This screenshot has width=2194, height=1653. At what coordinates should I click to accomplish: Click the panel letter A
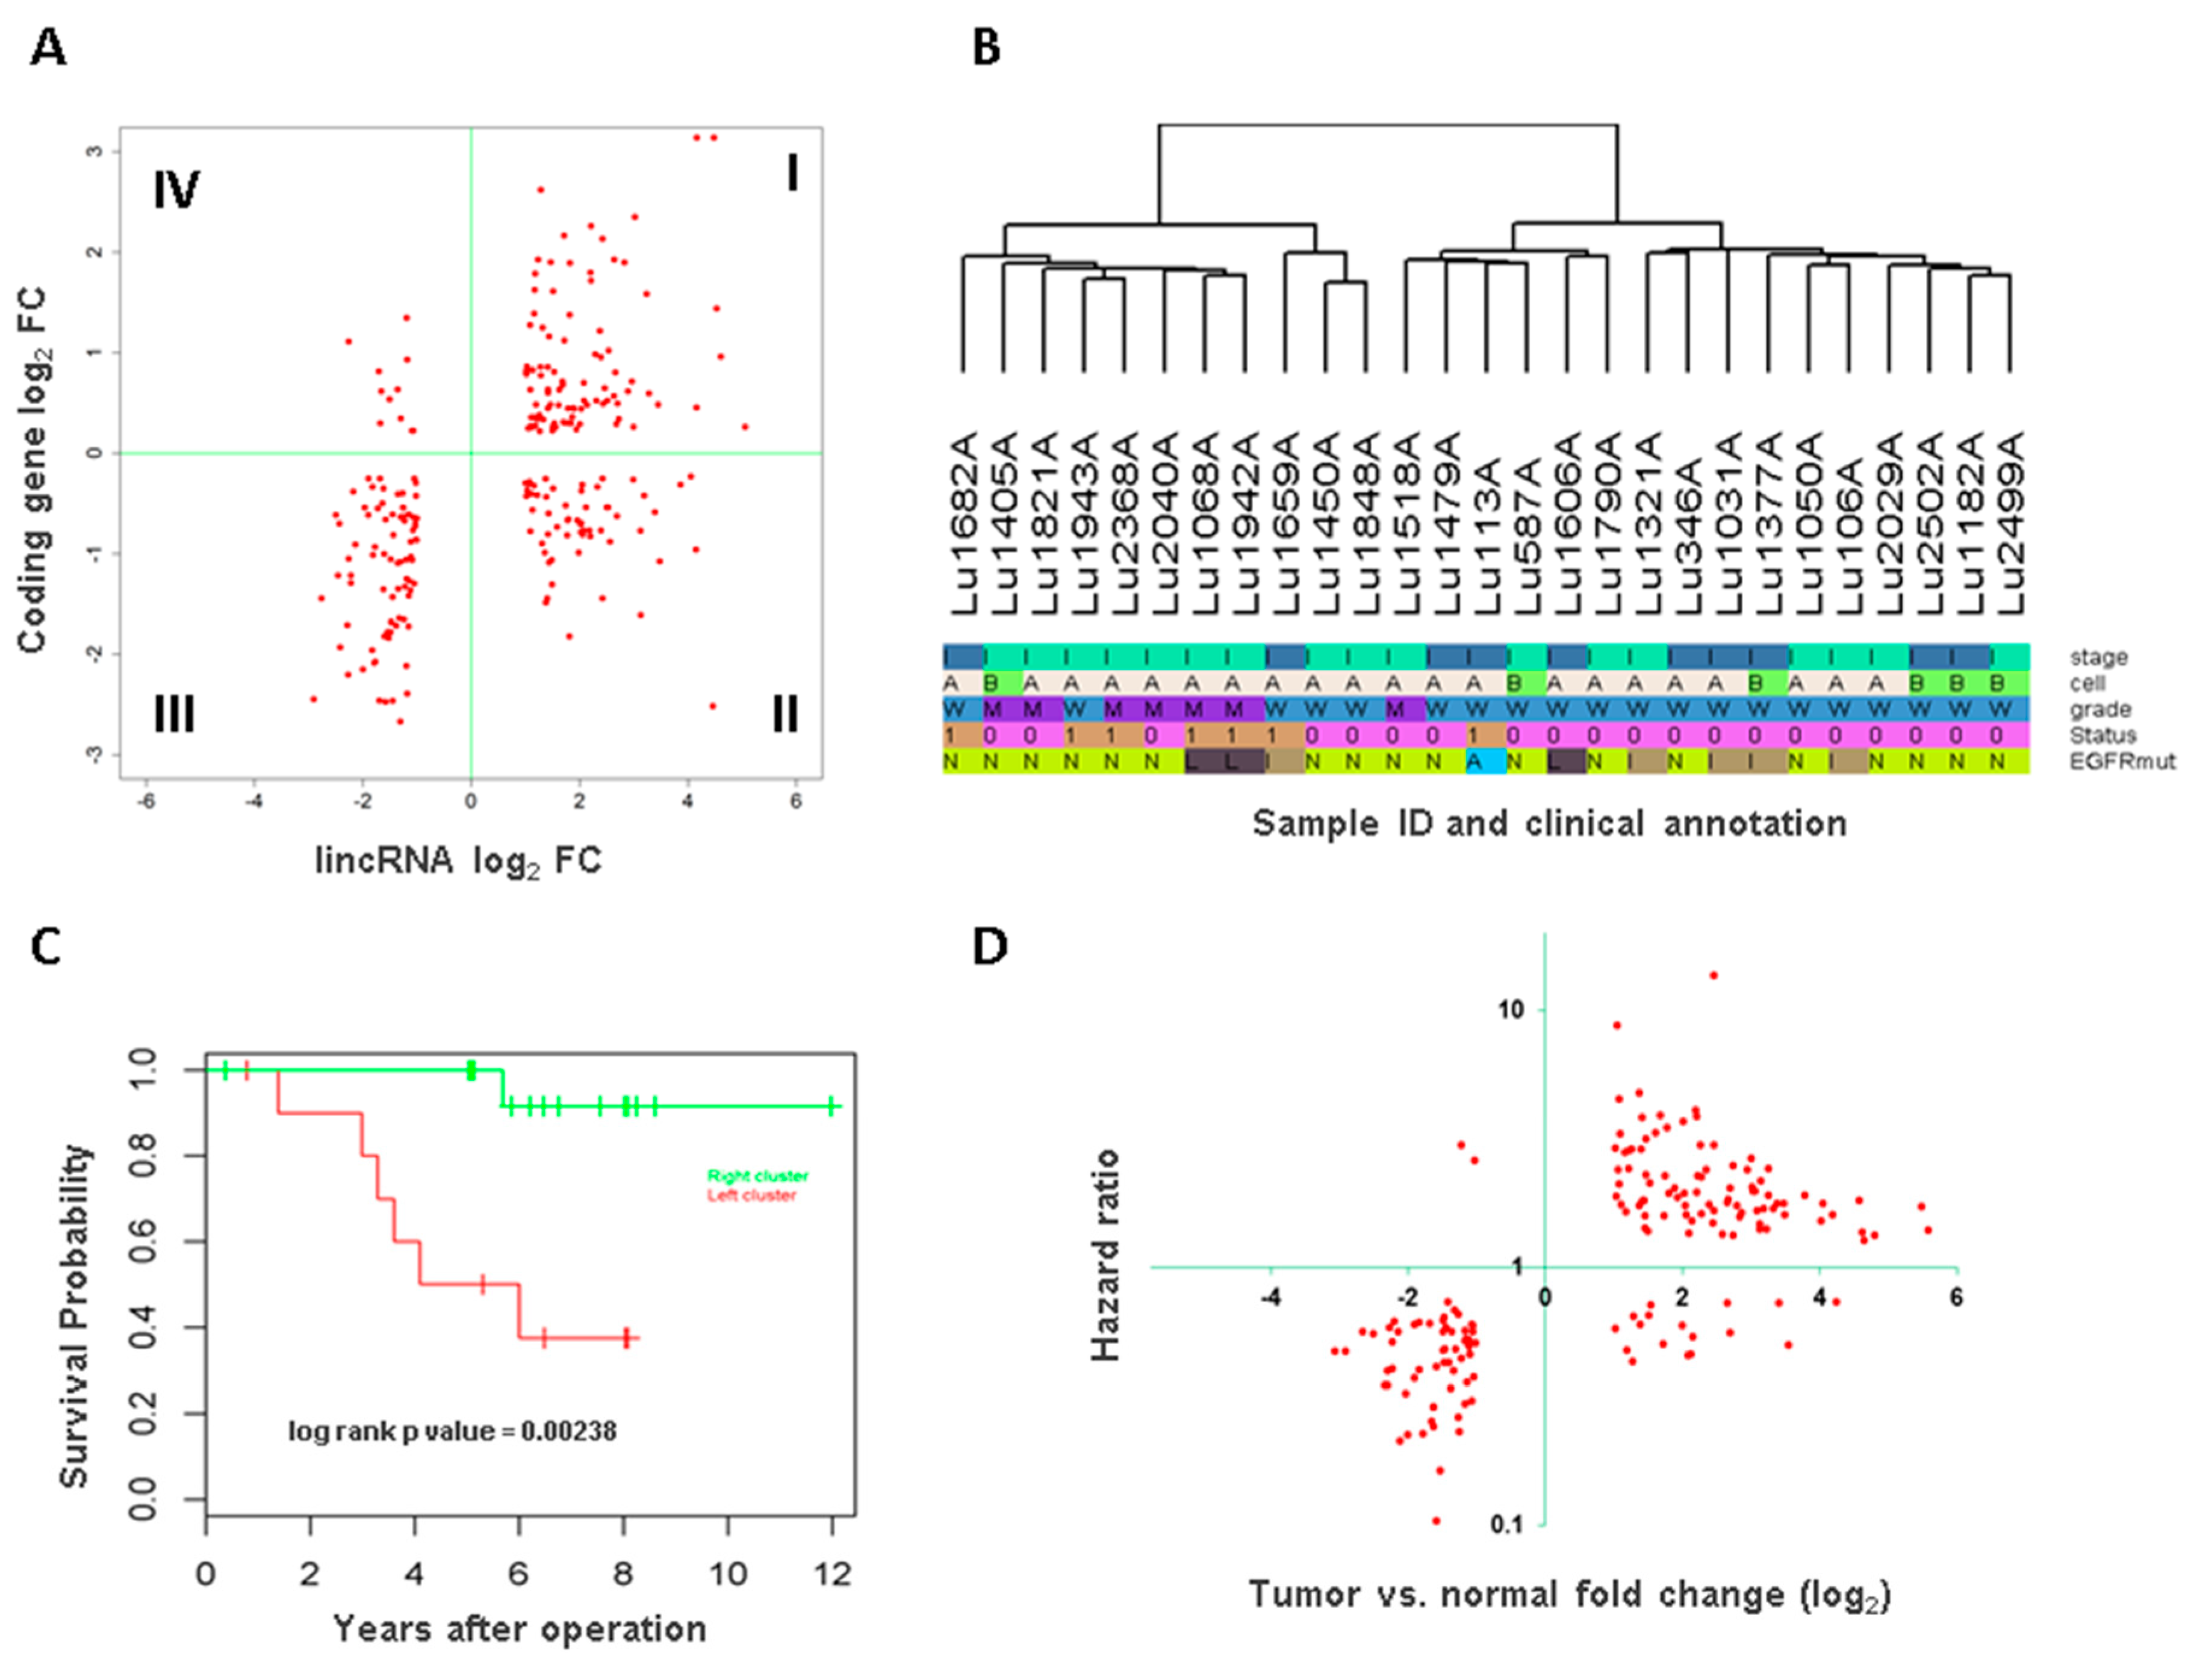click(48, 46)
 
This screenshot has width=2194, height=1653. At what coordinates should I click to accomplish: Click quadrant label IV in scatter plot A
click(176, 190)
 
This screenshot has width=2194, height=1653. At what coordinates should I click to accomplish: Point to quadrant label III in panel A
click(173, 713)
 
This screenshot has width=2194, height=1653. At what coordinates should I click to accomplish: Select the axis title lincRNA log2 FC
click(458, 861)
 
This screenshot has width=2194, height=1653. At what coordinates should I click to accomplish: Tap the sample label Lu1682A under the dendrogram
click(964, 523)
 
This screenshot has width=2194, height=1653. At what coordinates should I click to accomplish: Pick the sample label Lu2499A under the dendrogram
click(2010, 523)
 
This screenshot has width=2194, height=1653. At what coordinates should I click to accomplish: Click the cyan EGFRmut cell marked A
click(1475, 761)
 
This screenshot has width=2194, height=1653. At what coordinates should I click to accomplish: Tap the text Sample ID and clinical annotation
click(1549, 823)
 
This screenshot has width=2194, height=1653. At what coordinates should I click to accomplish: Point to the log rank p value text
click(452, 1431)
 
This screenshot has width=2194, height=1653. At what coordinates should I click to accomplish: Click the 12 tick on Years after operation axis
click(832, 1574)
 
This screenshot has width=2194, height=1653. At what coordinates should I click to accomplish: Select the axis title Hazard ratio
click(1105, 1254)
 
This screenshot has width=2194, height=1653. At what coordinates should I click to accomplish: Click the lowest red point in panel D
click(1435, 1520)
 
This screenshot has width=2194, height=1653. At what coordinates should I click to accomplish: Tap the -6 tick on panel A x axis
click(146, 801)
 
